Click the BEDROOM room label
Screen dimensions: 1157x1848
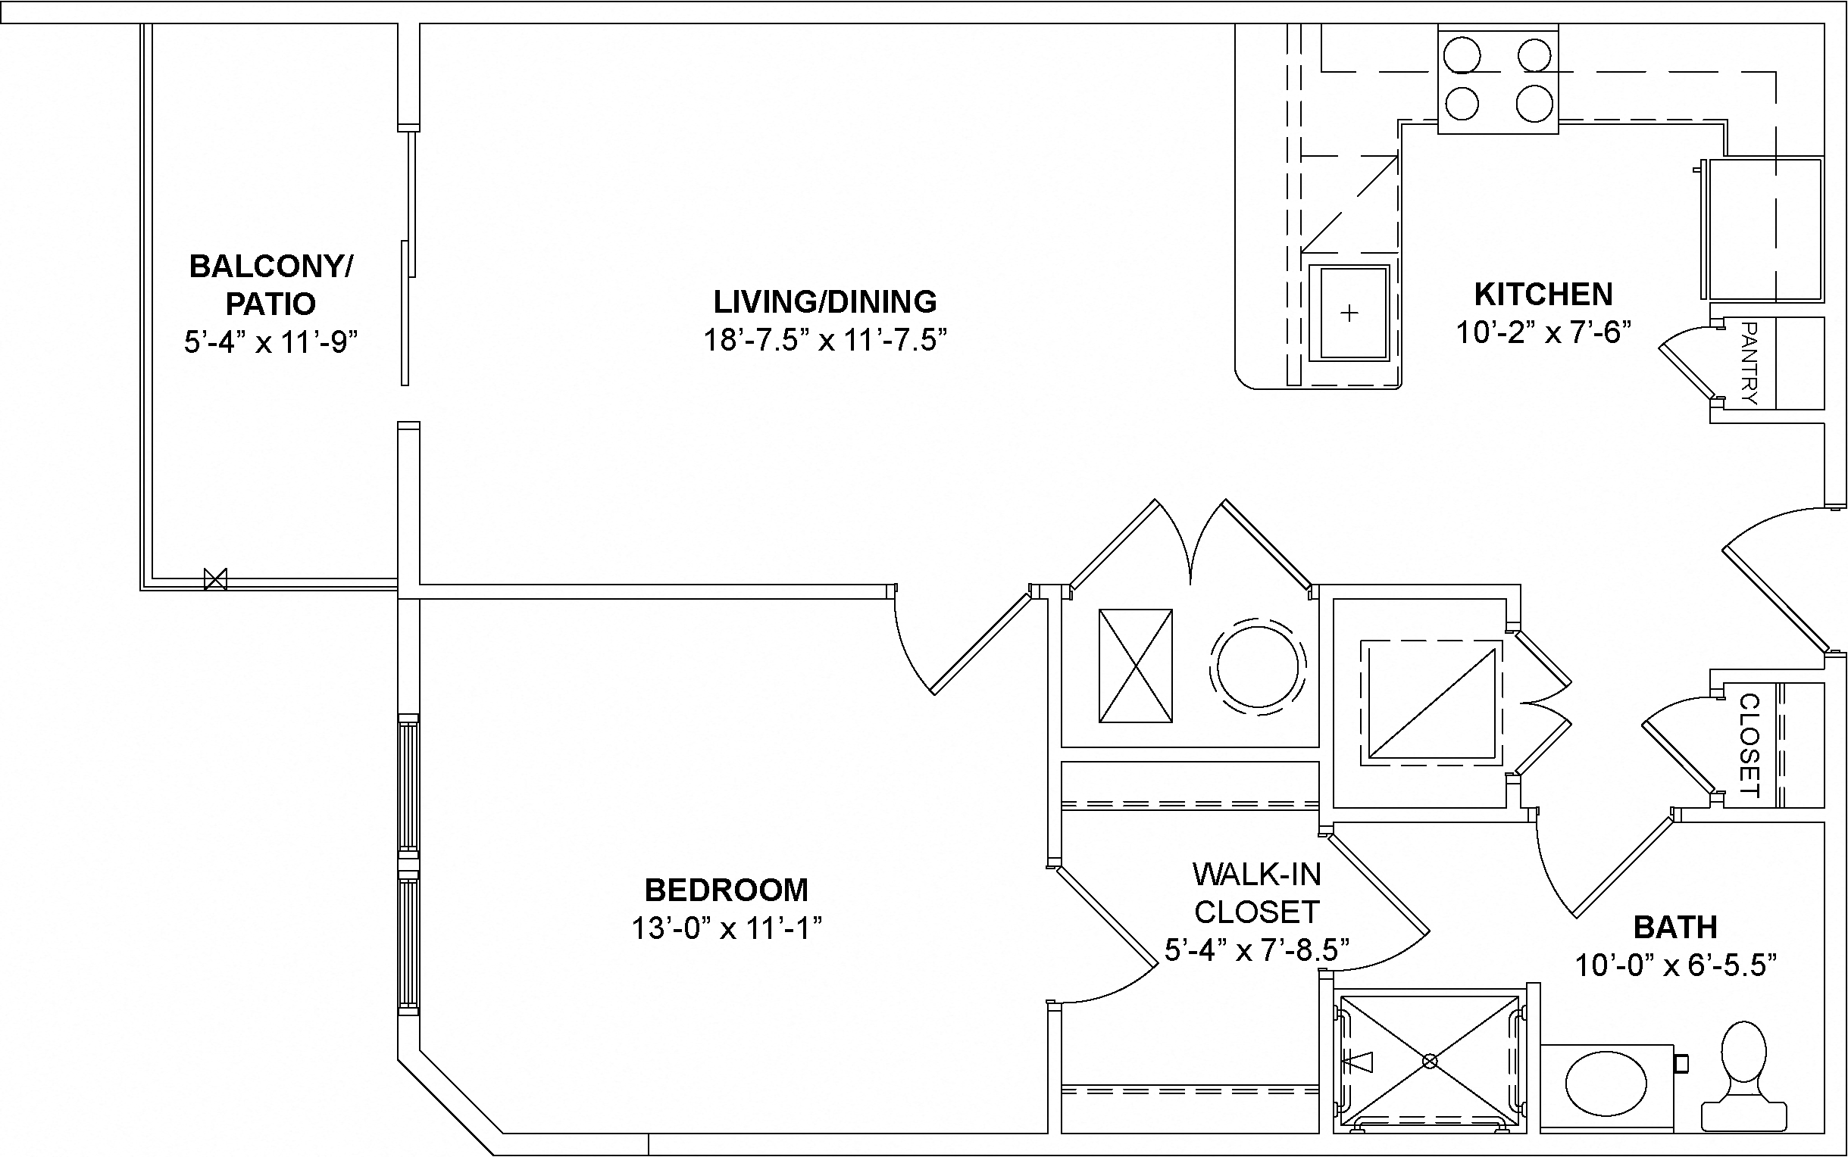[726, 890]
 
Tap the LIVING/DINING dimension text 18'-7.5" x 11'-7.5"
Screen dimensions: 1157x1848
[824, 340]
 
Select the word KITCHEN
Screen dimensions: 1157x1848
[1543, 295]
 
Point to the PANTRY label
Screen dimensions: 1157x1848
[1750, 363]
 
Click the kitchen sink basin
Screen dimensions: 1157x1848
[1348, 313]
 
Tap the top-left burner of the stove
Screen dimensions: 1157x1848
[1462, 57]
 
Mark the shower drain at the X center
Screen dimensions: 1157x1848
[1429, 1061]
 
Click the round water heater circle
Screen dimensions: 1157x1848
[1259, 666]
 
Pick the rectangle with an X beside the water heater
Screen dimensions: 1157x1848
[1135, 666]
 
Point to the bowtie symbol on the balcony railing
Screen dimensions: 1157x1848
[216, 579]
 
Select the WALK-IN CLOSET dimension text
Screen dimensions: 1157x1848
[1256, 950]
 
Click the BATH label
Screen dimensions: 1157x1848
[1675, 928]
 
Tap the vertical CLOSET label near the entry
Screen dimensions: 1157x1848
[1750, 745]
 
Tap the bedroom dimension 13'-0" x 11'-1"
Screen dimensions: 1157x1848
[726, 929]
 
